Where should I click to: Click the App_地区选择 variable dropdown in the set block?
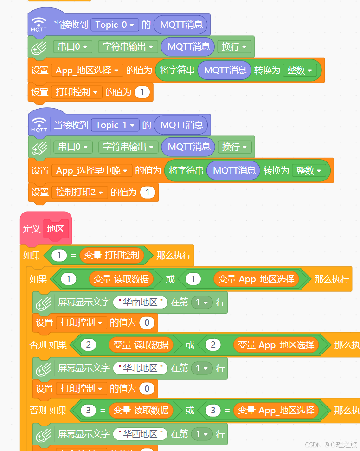click(87, 71)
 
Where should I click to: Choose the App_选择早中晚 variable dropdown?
click(92, 171)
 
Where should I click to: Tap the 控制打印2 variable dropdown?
click(81, 192)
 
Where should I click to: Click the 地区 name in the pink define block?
click(55, 229)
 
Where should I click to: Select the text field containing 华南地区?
click(140, 303)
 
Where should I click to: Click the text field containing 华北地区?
click(140, 368)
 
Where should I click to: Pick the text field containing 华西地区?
click(140, 434)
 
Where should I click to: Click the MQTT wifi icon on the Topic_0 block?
click(39, 25)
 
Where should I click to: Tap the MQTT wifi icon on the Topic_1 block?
click(39, 125)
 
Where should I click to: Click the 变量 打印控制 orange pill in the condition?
click(111, 255)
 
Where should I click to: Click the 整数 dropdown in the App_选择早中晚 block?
click(309, 171)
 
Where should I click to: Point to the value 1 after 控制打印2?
click(148, 192)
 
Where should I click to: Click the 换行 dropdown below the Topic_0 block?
click(234, 46)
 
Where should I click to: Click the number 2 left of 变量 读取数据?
click(88, 345)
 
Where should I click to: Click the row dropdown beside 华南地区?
click(201, 303)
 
